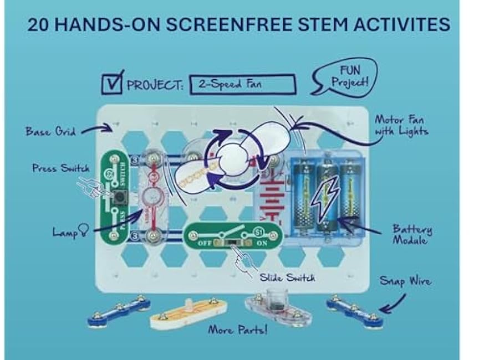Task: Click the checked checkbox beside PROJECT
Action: coord(112,83)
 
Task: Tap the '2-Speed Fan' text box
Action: coord(243,85)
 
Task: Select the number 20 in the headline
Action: coord(38,24)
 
